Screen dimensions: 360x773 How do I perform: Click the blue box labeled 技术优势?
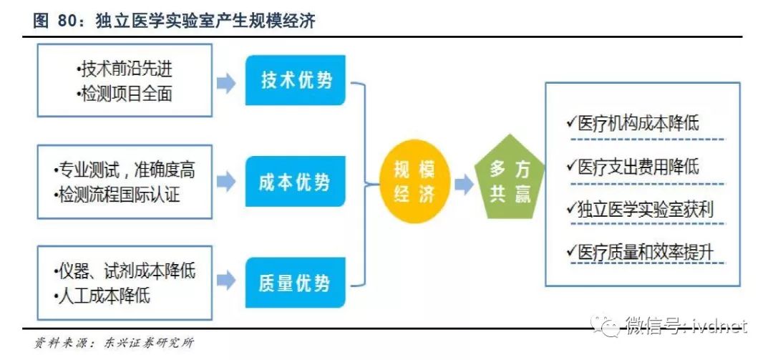(x=297, y=80)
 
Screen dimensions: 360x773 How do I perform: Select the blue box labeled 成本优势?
(x=297, y=182)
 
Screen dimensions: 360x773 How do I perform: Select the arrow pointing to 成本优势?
(x=226, y=182)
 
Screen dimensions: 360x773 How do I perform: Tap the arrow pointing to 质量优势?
(x=226, y=281)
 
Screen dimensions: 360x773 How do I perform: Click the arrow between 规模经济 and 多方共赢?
(x=463, y=185)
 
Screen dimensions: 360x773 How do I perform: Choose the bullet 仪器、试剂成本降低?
(x=125, y=271)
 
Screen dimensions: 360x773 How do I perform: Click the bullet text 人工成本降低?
(x=104, y=295)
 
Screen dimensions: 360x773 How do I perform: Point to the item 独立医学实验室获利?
(x=645, y=208)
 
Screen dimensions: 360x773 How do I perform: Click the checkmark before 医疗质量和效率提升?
(x=570, y=251)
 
